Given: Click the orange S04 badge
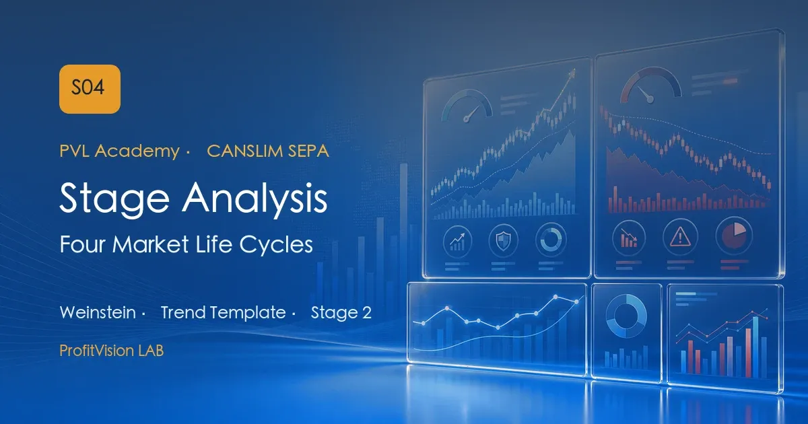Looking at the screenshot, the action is pyautogui.click(x=90, y=89).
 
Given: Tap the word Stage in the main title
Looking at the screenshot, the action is pyautogui.click(x=114, y=199).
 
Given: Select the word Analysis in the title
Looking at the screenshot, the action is pyautogui.click(x=255, y=198).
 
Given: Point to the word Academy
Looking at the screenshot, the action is pyautogui.click(x=137, y=151).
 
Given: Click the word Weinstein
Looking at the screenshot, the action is pyautogui.click(x=98, y=312).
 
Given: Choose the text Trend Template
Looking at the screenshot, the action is pyautogui.click(x=224, y=312).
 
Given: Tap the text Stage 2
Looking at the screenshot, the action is pyautogui.click(x=341, y=312).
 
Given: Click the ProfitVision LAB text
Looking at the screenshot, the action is pyautogui.click(x=112, y=351).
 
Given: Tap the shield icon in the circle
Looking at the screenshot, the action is pyautogui.click(x=503, y=240).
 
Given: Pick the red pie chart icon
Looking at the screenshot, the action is pyautogui.click(x=734, y=236).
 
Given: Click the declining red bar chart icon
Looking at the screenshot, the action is pyautogui.click(x=628, y=239).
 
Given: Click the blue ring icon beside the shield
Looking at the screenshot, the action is pyautogui.click(x=551, y=240).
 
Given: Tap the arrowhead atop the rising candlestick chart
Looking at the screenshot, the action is pyautogui.click(x=572, y=74).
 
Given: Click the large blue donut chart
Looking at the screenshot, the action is pyautogui.click(x=626, y=316).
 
